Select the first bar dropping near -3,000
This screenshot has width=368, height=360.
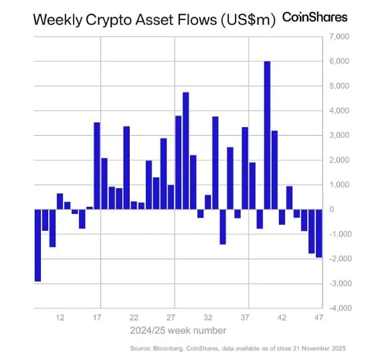[x=37, y=245]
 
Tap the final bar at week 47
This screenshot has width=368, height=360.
[x=318, y=233]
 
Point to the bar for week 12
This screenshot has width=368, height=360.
[x=60, y=201]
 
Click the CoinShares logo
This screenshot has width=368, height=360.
[x=315, y=17]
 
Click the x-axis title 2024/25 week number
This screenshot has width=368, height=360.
[x=179, y=330]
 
